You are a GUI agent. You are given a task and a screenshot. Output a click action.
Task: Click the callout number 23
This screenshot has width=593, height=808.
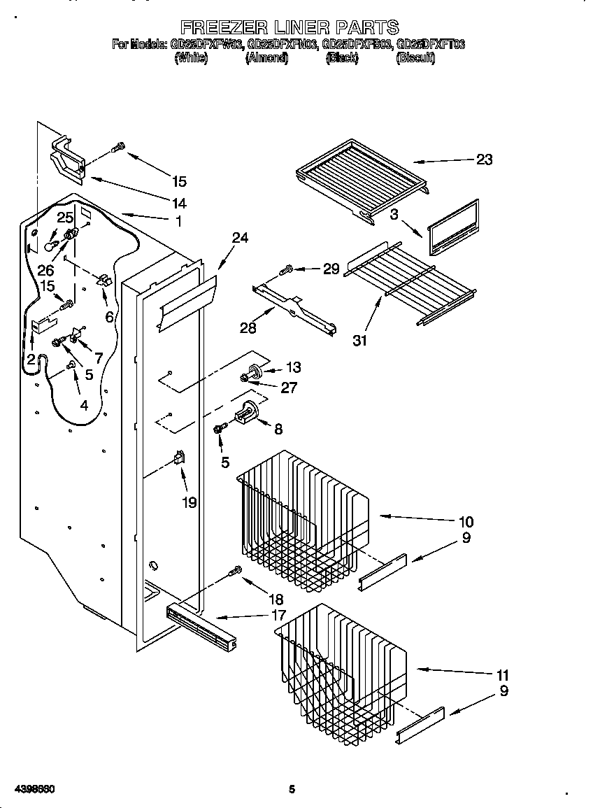tap(484, 160)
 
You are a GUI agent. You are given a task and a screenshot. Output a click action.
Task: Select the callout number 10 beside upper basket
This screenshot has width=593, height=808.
tap(466, 521)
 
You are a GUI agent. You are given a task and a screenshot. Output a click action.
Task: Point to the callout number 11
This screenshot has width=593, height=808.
tap(502, 676)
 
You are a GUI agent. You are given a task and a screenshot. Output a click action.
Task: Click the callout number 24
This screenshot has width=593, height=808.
tap(240, 238)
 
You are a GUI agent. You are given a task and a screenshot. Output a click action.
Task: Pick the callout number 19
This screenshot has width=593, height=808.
tap(189, 502)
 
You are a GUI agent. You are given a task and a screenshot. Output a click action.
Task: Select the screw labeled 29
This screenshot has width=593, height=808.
tap(285, 269)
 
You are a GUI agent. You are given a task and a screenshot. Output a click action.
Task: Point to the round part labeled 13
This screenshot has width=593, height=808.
tap(254, 370)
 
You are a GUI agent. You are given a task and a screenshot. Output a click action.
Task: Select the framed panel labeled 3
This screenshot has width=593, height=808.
tap(453, 227)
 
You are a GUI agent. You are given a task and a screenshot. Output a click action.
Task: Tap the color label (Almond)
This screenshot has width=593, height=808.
tap(266, 59)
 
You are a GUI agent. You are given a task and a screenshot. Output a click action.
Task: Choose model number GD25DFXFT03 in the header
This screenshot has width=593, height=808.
tap(431, 44)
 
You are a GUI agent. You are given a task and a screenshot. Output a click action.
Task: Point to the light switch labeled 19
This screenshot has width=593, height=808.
tap(179, 459)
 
